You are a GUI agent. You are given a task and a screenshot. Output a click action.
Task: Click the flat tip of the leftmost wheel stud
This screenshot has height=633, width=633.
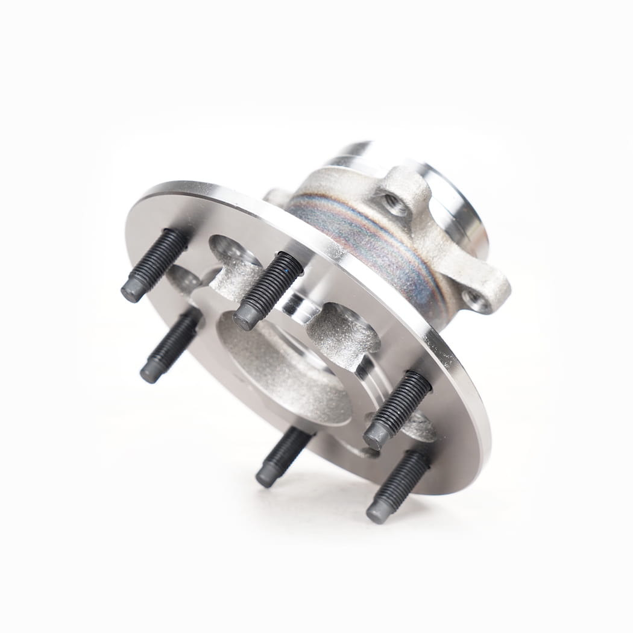(133, 291)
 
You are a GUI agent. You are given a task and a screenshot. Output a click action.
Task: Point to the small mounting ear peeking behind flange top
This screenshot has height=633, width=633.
(275, 197)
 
